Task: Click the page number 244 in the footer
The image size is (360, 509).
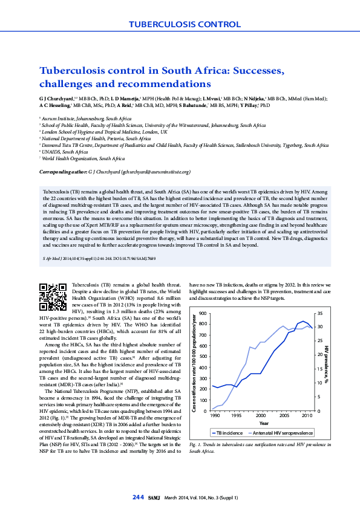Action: coord(137,497)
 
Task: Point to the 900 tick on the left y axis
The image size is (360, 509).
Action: coord(203,314)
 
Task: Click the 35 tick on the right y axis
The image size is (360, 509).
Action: coord(320,314)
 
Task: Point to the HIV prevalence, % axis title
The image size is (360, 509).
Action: coord(327,364)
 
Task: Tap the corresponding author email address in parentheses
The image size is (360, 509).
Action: coord(155,172)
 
